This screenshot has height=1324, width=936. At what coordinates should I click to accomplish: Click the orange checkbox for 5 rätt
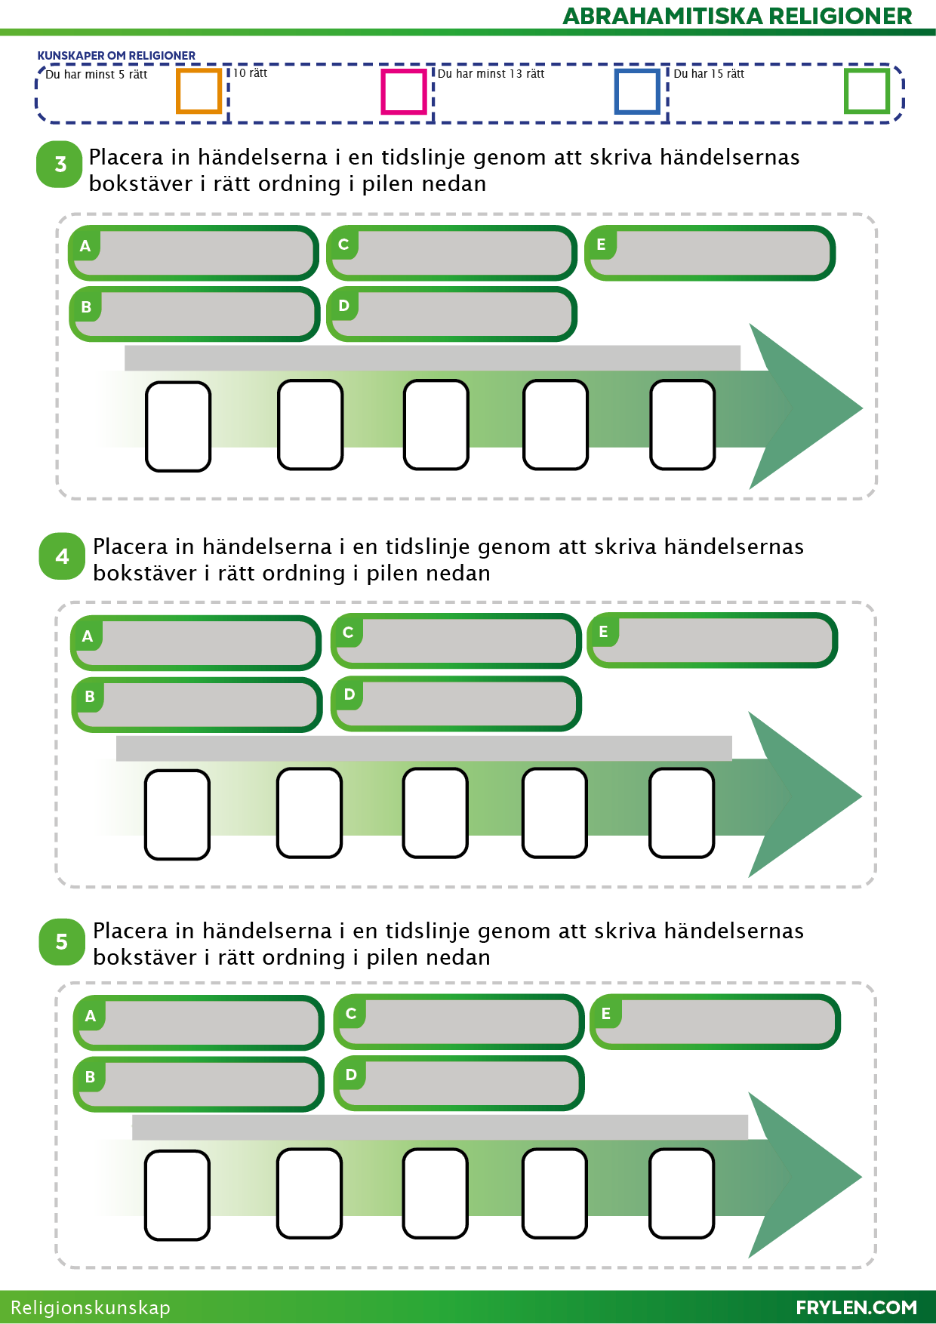point(199,91)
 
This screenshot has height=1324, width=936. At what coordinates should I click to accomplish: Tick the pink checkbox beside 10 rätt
point(404,91)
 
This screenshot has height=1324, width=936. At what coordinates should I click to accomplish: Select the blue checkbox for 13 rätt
point(638,91)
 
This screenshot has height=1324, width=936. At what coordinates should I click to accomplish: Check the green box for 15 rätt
point(867,91)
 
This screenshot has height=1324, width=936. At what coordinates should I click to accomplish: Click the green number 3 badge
point(60,165)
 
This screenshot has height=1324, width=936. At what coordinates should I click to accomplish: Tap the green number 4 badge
point(62,556)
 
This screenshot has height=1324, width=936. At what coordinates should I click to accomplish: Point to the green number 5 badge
point(62,941)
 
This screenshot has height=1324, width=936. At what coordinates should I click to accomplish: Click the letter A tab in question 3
point(85,245)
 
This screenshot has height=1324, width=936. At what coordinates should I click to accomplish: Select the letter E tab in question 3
point(602,245)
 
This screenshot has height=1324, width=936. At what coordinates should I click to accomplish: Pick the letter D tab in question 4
point(349,694)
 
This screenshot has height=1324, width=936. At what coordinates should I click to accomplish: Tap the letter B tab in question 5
point(91,1077)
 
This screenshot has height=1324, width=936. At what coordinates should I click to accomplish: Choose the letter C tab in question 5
point(351,1014)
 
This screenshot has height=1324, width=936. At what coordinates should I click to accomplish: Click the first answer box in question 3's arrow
point(178,426)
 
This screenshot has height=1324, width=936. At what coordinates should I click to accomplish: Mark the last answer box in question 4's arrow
point(682,813)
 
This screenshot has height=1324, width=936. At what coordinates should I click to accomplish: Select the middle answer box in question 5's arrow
point(436,1193)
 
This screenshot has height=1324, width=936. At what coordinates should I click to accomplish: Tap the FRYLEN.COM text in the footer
point(856,1307)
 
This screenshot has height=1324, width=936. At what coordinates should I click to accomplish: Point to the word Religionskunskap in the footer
point(91,1308)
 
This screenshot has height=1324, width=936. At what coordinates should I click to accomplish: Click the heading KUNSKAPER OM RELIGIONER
point(116,56)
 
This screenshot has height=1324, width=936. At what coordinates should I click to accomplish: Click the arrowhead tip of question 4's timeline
point(861,796)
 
